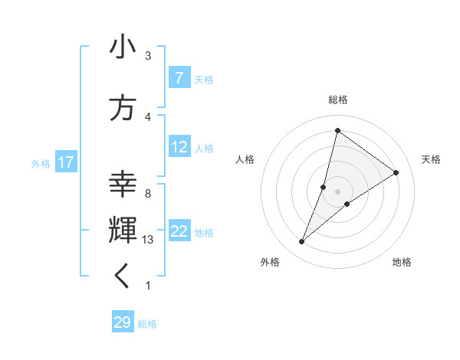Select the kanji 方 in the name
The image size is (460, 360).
point(123,108)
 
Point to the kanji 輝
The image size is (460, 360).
point(123,231)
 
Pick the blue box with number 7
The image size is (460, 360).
point(179,78)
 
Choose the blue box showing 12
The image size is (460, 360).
point(179,147)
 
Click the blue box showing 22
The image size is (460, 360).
point(179,231)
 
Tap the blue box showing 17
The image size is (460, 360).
point(66,162)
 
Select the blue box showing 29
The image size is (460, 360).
point(123,322)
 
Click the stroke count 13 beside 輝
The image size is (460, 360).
point(148,240)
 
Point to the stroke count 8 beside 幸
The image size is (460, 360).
point(148,194)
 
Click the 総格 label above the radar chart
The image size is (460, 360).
point(338,100)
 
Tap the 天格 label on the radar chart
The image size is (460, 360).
point(432,159)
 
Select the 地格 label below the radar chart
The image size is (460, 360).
point(402,262)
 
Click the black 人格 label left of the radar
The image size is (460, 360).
point(245,159)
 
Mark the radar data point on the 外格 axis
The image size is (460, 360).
point(302,242)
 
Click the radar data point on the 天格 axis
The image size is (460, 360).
point(396,172)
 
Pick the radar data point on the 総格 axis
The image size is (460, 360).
point(337,130)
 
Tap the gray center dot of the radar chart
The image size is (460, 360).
point(337,191)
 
